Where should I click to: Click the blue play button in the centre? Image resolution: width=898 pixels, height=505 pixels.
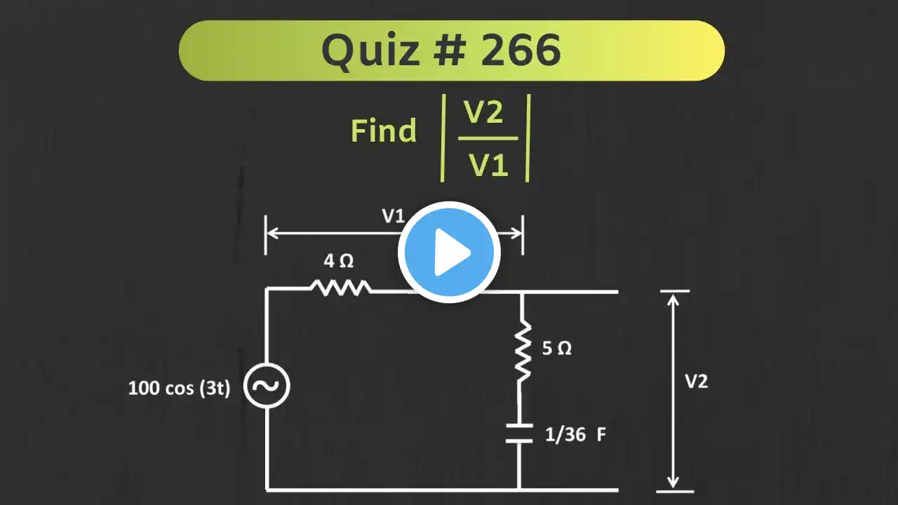click(x=449, y=252)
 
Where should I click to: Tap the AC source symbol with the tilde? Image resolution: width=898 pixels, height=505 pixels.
click(x=267, y=386)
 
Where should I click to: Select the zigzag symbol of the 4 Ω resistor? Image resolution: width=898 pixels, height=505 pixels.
click(x=341, y=288)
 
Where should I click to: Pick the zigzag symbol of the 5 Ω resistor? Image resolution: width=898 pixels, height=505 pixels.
click(x=523, y=350)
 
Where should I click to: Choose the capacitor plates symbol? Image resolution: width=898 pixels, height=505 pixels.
click(x=519, y=433)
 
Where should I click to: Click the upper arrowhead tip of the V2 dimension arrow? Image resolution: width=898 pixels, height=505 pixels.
click(x=673, y=294)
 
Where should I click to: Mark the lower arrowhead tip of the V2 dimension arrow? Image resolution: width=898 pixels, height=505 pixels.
click(x=673, y=488)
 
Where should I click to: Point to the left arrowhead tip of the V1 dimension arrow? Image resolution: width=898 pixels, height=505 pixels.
click(x=267, y=233)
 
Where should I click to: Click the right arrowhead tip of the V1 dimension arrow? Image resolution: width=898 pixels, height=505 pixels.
click(x=521, y=233)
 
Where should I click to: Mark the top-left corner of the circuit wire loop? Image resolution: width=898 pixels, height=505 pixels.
click(x=267, y=288)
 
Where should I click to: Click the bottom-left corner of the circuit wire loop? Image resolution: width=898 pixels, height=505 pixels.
click(x=267, y=490)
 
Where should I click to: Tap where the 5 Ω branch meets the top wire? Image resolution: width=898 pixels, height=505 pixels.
click(x=521, y=292)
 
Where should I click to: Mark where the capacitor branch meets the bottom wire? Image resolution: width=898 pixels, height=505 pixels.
click(x=519, y=490)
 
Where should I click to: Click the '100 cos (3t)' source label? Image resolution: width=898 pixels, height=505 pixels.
click(x=179, y=388)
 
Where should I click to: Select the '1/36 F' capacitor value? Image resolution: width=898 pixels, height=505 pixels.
click(x=575, y=434)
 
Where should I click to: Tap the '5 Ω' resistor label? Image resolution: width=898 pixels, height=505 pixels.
click(x=557, y=348)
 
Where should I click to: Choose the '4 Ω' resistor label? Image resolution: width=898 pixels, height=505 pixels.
click(x=339, y=261)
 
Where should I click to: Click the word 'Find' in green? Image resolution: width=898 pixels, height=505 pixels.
click(x=384, y=130)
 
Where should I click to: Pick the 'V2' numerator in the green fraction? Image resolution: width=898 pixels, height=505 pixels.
click(x=483, y=112)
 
